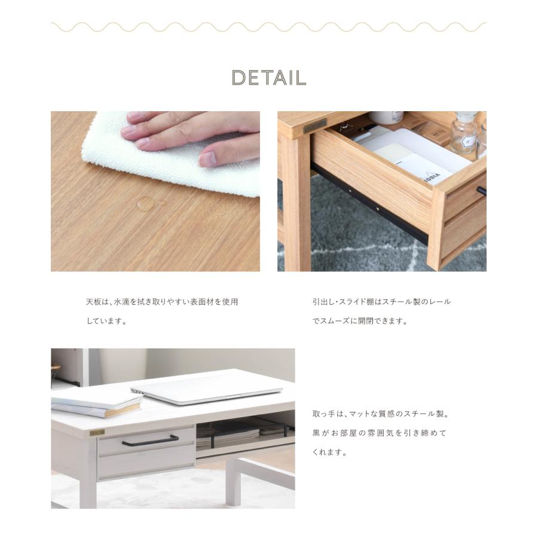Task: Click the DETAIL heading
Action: point(269,78)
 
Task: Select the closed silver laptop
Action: point(206,392)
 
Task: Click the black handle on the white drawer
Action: point(150,441)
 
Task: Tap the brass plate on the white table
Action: point(97,432)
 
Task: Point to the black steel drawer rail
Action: point(371,203)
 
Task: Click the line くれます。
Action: point(330,452)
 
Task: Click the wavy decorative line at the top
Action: point(269,27)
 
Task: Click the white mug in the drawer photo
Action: point(385,117)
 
